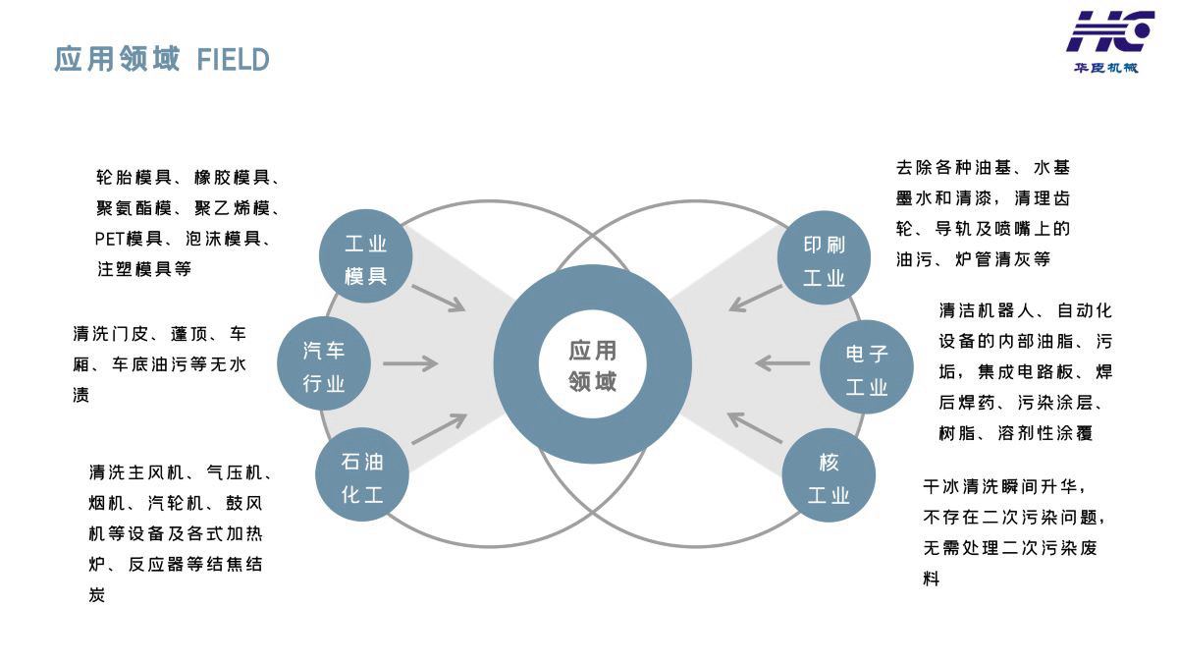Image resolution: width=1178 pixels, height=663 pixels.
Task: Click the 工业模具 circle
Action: click(366, 258)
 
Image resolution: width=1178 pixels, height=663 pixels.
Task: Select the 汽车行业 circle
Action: click(324, 366)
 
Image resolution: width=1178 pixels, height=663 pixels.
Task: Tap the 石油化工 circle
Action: click(362, 477)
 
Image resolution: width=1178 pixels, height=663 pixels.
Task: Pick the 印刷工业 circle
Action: click(824, 259)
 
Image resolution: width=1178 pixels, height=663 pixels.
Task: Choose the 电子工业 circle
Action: click(867, 367)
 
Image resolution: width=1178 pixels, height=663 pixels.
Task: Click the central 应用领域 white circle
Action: click(592, 364)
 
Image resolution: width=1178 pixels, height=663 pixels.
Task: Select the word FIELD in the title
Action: click(233, 60)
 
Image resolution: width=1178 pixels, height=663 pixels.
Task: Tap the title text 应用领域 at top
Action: click(117, 59)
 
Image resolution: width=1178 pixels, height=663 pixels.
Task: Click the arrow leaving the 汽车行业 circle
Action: click(409, 364)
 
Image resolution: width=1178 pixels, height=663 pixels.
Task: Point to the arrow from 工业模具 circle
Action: click(438, 298)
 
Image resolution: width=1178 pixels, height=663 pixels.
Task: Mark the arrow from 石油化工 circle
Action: click(438, 429)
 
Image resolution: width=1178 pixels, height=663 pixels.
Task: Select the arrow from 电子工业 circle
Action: click(783, 364)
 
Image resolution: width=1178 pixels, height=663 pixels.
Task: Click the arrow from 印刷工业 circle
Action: click(756, 298)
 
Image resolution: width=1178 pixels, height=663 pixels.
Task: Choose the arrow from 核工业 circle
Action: click(756, 427)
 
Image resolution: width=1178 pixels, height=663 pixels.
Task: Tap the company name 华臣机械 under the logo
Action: click(1105, 68)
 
